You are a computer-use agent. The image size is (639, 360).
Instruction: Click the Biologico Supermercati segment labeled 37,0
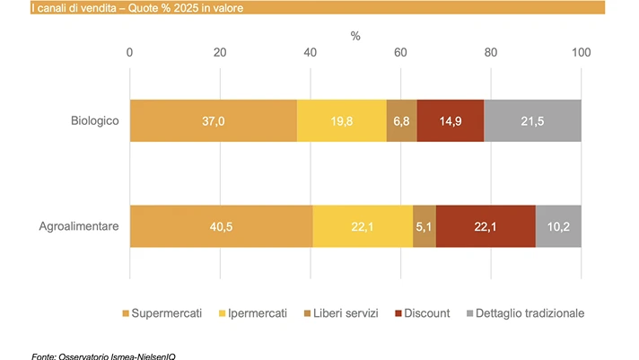click(x=214, y=120)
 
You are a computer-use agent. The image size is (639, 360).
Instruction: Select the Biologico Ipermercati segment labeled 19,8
click(x=342, y=120)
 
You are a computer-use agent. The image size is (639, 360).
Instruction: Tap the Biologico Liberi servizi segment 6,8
click(x=402, y=120)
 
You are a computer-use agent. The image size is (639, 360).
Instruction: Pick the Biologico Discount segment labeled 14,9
click(x=451, y=120)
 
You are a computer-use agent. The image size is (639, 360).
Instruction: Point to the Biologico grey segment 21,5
click(x=532, y=120)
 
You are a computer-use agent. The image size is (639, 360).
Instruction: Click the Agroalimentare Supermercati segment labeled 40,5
click(x=222, y=226)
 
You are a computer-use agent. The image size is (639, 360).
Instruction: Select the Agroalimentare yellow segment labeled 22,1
click(x=363, y=226)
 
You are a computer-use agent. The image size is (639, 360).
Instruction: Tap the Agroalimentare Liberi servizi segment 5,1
click(x=425, y=226)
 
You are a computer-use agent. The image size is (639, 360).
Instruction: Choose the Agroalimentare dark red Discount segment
click(x=486, y=226)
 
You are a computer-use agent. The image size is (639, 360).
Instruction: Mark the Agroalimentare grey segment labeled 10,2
click(x=559, y=226)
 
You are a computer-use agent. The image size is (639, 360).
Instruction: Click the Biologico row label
click(x=95, y=120)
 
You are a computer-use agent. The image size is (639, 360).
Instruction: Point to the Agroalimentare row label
click(x=79, y=226)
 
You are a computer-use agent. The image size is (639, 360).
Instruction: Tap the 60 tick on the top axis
click(x=400, y=52)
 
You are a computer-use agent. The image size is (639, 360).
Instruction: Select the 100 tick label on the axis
click(x=582, y=52)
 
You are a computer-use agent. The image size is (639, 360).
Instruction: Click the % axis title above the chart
click(x=355, y=36)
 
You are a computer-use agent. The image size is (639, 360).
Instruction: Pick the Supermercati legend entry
click(x=162, y=313)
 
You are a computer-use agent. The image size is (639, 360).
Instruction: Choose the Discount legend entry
click(x=423, y=313)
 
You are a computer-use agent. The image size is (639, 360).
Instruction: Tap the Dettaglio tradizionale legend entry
click(x=525, y=313)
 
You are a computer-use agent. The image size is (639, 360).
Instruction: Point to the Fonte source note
click(x=103, y=356)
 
